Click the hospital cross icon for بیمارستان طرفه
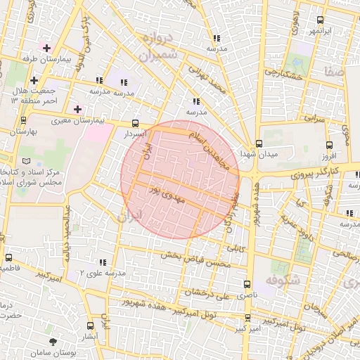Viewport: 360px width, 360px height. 46,49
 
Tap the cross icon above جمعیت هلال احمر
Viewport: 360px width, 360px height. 33,80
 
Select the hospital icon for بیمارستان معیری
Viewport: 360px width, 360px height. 78,110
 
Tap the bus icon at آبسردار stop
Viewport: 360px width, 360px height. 135,122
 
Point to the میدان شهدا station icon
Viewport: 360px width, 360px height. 259,143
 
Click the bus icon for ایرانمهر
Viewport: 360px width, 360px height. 320,20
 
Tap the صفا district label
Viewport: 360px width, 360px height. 333,70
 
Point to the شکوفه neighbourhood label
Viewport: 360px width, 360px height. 282,280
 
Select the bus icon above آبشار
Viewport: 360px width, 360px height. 91,326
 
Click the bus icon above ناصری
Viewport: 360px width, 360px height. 246,284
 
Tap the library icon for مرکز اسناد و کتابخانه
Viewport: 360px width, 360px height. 26,161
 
